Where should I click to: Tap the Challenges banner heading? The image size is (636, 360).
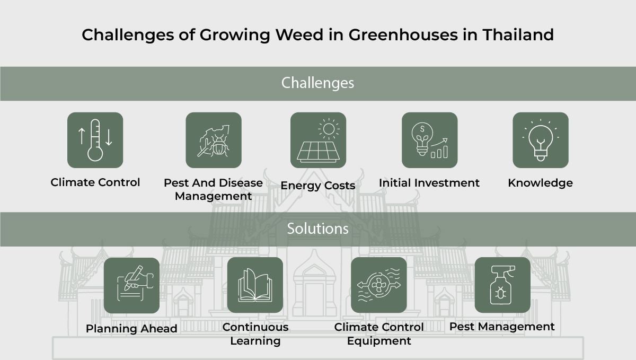pos(317,83)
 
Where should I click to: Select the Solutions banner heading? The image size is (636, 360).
pos(317,229)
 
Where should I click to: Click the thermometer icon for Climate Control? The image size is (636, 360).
pos(95,140)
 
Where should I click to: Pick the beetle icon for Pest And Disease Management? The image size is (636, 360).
pos(213,140)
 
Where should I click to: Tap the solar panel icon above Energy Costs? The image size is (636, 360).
pos(318,140)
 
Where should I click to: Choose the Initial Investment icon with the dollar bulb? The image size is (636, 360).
pos(429,140)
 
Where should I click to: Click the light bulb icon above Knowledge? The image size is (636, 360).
pos(540,140)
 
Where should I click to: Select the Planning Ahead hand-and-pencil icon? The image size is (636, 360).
pos(131,285)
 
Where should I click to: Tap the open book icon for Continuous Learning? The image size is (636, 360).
pos(255,285)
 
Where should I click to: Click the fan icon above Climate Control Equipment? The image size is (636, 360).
pos(378,285)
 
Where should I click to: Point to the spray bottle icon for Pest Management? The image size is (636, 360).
pos(502,285)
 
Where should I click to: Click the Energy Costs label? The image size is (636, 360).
pos(318,186)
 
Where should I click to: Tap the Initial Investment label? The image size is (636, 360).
pos(429,183)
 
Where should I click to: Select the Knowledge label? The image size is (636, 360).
pos(540,183)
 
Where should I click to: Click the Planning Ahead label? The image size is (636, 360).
pos(131,329)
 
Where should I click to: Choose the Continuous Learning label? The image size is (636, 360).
pos(255,333)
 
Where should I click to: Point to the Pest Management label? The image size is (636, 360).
pos(502,327)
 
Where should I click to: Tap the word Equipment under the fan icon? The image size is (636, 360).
pos(379,341)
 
